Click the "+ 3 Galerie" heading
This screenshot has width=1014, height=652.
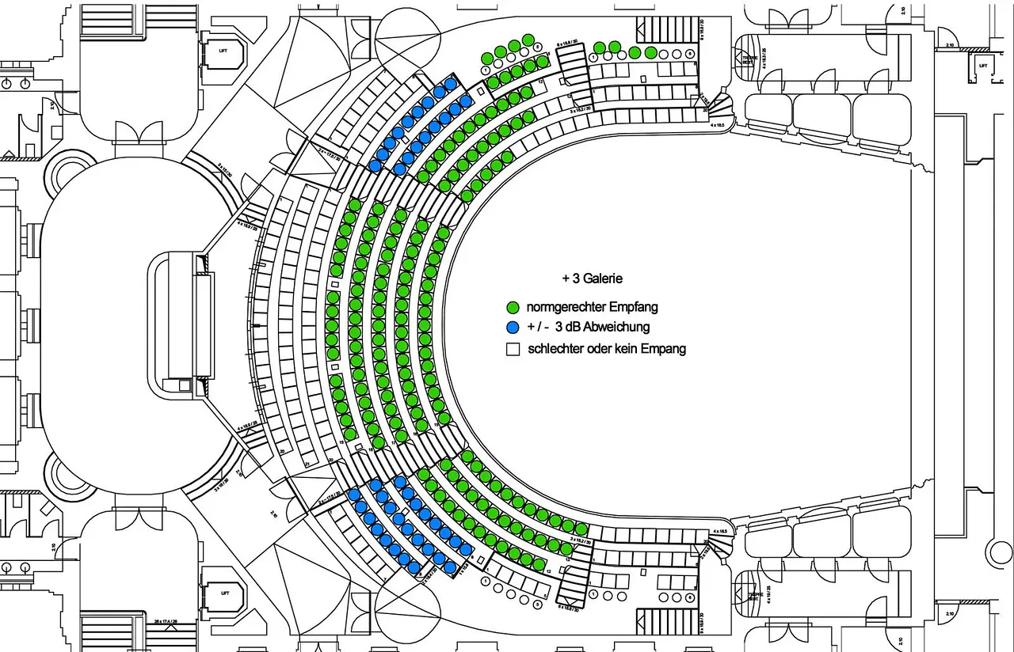click(593, 279)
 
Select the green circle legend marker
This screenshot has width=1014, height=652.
click(513, 307)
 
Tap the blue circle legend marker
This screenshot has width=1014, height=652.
click(513, 328)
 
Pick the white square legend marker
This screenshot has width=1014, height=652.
click(513, 349)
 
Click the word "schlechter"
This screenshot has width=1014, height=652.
click(557, 349)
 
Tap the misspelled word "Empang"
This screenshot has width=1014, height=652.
click(664, 349)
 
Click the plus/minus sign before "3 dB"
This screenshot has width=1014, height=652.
click(536, 328)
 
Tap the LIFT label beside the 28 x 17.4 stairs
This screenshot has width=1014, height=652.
click(225, 592)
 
